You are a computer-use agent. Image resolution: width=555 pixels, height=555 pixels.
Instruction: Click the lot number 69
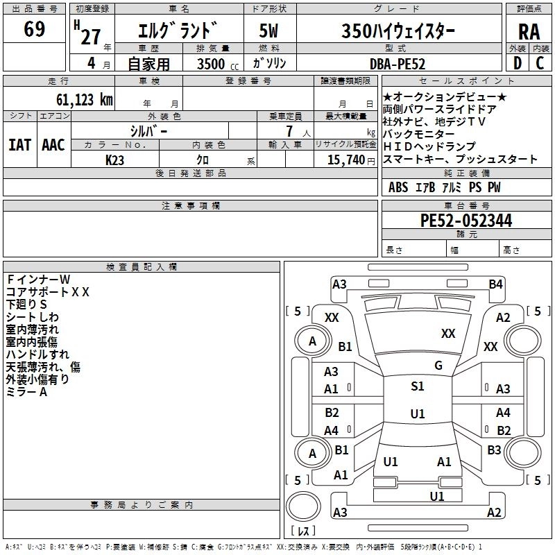pyautogui.click(x=34, y=30)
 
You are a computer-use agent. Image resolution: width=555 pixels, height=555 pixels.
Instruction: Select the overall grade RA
pyautogui.click(x=529, y=33)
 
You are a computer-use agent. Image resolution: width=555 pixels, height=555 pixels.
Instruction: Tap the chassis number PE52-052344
pyautogui.click(x=466, y=221)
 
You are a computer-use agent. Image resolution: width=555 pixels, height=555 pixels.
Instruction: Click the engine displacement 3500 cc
pyautogui.click(x=212, y=63)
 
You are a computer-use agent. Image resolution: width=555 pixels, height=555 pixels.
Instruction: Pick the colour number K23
pyautogui.click(x=116, y=160)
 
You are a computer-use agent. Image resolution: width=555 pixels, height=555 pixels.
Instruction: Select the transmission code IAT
pyautogui.click(x=19, y=145)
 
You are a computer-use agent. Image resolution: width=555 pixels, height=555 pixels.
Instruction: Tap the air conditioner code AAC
pyautogui.click(x=53, y=145)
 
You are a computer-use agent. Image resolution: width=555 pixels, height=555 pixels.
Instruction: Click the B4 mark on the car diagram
pyautogui.click(x=495, y=284)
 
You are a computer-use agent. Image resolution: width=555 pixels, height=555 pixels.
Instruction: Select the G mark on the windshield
pyautogui.click(x=438, y=366)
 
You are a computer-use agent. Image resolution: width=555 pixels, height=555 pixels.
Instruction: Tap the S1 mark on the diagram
pyautogui.click(x=417, y=386)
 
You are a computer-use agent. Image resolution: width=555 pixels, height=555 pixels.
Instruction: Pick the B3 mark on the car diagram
pyautogui.click(x=494, y=450)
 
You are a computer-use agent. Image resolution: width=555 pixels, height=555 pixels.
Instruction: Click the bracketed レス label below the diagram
pyautogui.click(x=303, y=532)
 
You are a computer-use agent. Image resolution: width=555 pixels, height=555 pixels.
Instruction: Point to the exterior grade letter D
pyautogui.click(x=517, y=63)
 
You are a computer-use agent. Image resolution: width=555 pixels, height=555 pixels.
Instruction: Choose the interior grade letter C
pyautogui.click(x=540, y=63)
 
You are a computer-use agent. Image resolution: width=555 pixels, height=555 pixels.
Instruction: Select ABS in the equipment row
pyautogui.click(x=398, y=187)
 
